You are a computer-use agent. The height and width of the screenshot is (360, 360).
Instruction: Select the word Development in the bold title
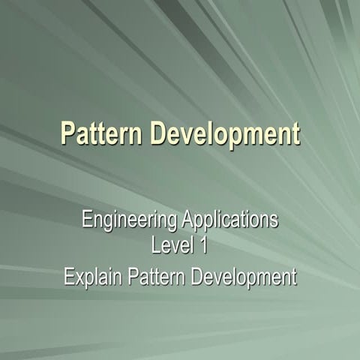coord(225,135)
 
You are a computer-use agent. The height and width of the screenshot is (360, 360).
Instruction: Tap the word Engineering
coord(127,221)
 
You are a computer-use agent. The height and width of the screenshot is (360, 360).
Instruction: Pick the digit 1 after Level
coord(205,244)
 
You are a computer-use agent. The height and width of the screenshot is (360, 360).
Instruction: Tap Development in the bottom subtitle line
coord(244,277)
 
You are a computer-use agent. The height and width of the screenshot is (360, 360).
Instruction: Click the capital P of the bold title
coord(67,134)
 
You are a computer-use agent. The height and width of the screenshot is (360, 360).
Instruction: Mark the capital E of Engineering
coord(85,220)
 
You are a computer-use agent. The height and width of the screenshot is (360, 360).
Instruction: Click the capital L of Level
coord(155,244)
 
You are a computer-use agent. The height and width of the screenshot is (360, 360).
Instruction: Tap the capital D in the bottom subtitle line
coord(196,277)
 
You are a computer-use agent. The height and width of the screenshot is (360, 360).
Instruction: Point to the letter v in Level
coord(173,245)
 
